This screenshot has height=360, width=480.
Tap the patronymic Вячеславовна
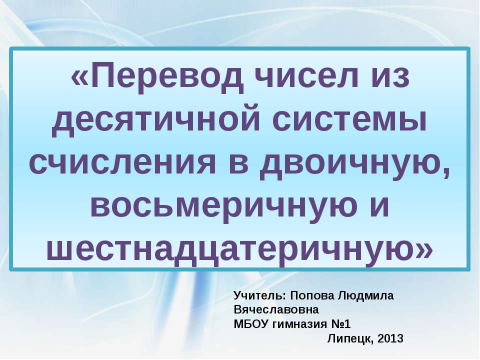275,309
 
